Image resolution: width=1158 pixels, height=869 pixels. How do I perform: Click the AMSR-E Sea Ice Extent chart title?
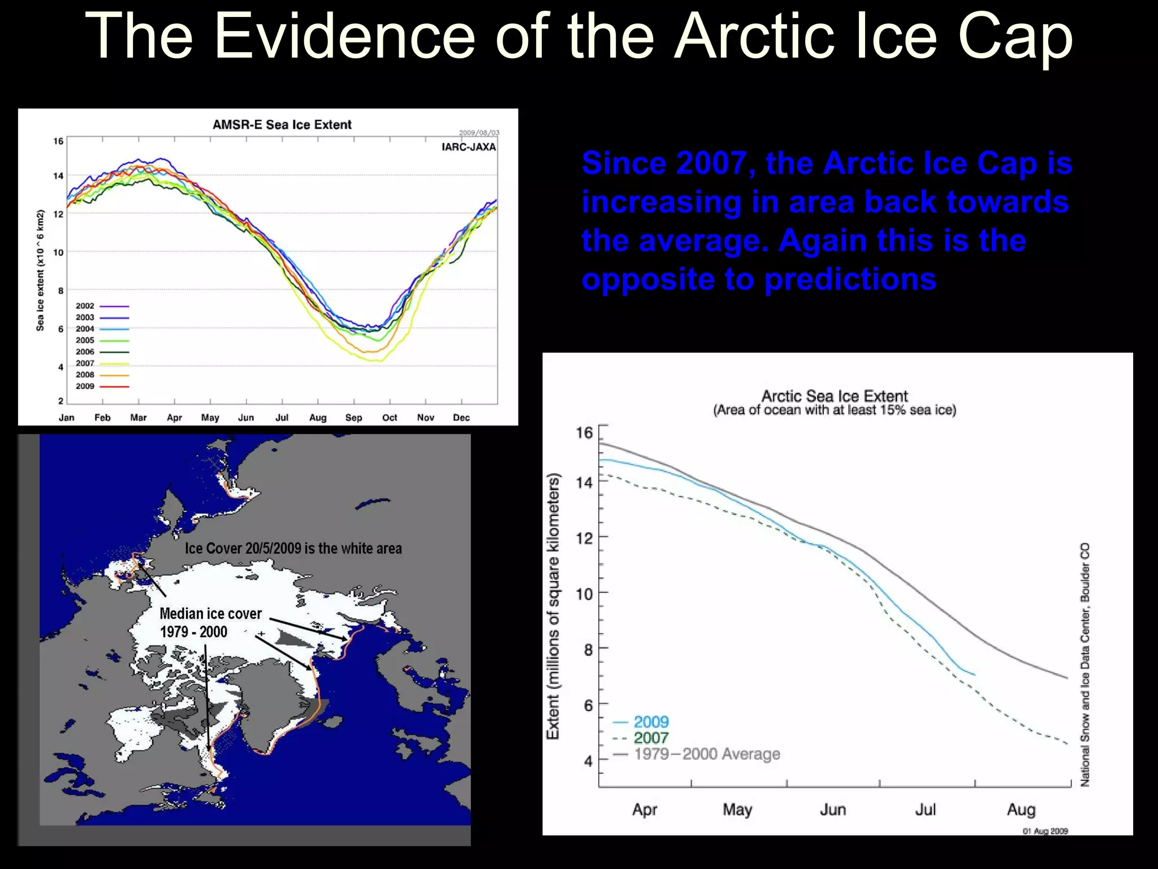point(282,124)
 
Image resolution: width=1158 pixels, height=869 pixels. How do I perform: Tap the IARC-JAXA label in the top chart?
point(468,147)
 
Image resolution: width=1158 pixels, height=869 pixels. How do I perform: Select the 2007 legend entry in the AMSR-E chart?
point(85,363)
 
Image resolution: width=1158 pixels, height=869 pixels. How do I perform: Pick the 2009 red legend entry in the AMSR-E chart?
point(85,386)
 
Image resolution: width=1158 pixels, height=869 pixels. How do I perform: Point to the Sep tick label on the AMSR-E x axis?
point(353,418)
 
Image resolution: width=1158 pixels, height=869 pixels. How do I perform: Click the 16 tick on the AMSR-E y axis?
point(58,141)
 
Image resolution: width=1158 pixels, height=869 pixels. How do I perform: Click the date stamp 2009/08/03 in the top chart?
point(479,133)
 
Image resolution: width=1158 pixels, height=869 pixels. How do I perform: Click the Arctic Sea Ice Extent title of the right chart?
point(834,396)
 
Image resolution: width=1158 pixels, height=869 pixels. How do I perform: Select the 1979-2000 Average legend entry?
point(707,754)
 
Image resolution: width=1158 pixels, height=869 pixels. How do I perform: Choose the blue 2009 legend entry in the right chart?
point(650,722)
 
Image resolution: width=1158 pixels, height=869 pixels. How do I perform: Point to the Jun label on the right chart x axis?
point(832,810)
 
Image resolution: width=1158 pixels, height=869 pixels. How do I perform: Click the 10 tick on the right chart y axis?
point(584,594)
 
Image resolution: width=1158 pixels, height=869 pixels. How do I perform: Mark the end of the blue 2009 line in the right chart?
point(974,674)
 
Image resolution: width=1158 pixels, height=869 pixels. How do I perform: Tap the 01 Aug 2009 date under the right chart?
point(1045,831)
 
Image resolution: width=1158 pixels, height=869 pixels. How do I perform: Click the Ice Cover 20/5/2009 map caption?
point(293,548)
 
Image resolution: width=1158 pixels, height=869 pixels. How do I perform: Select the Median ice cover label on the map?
point(210,614)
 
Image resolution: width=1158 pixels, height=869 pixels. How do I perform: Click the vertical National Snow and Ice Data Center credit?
point(1085,665)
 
